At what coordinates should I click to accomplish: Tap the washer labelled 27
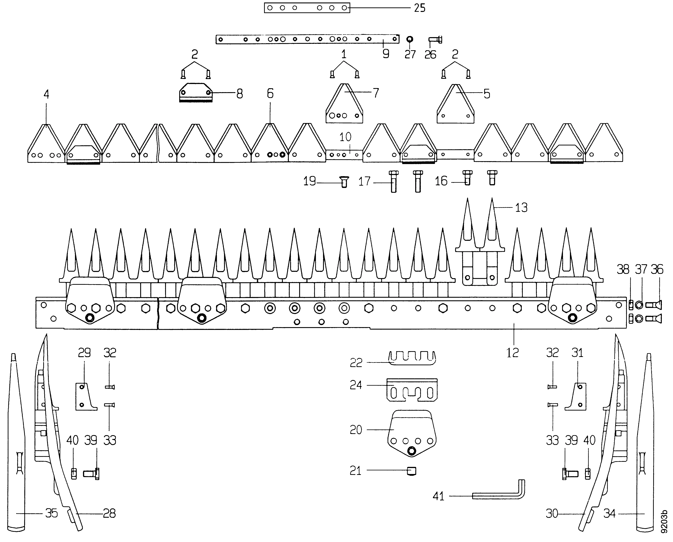[410, 39]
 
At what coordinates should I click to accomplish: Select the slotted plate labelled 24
[412, 390]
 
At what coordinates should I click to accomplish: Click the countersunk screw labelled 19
[344, 181]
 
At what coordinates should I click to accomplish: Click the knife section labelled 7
[344, 103]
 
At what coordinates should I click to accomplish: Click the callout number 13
[521, 208]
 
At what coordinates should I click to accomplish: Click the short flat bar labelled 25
[307, 8]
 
